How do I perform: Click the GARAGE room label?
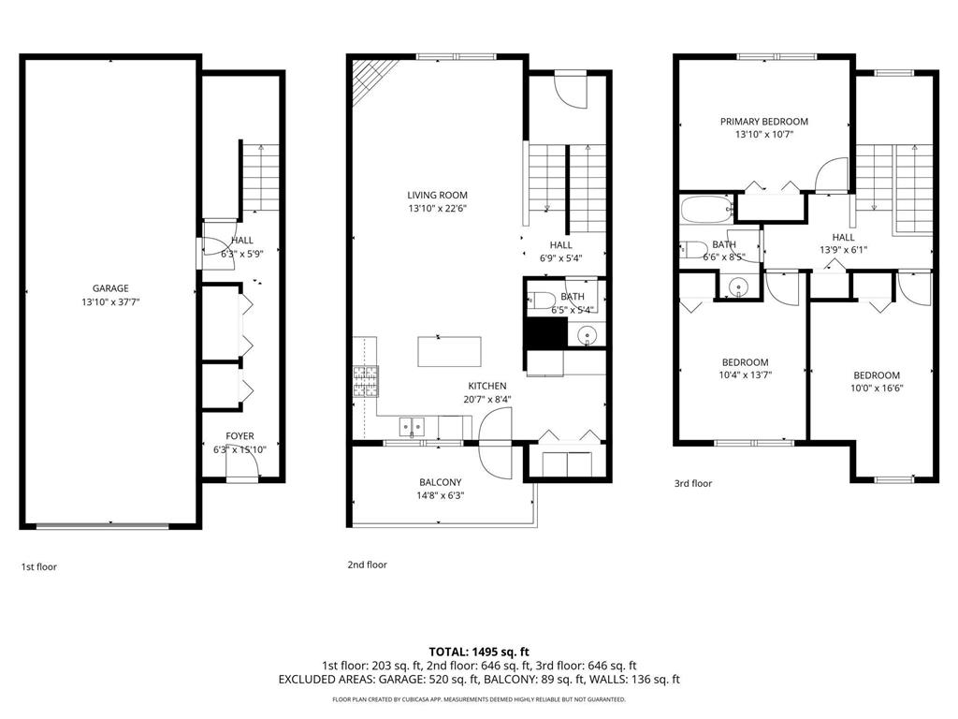tap(110, 288)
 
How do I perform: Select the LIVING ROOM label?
tap(437, 196)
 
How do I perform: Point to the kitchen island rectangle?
tap(449, 352)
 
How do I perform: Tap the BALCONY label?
tap(440, 482)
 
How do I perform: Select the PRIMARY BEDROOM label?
tap(763, 122)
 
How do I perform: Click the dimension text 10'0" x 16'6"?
tap(876, 388)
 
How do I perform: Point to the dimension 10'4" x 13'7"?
tap(745, 374)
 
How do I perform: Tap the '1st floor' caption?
tap(39, 566)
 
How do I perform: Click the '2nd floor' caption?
tap(367, 565)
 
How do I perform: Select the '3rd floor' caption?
tap(693, 484)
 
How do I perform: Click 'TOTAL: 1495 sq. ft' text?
tap(479, 651)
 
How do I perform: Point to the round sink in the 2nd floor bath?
tap(588, 332)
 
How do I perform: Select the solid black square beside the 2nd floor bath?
tap(545, 332)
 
